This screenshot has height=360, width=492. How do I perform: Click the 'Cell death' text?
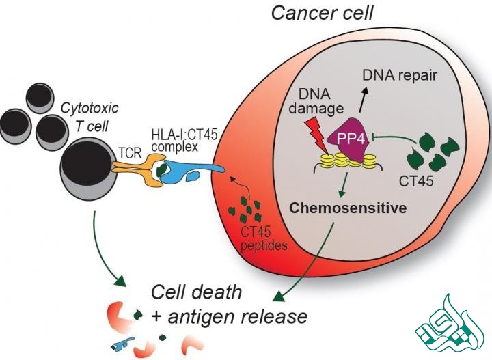[x=196, y=292]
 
